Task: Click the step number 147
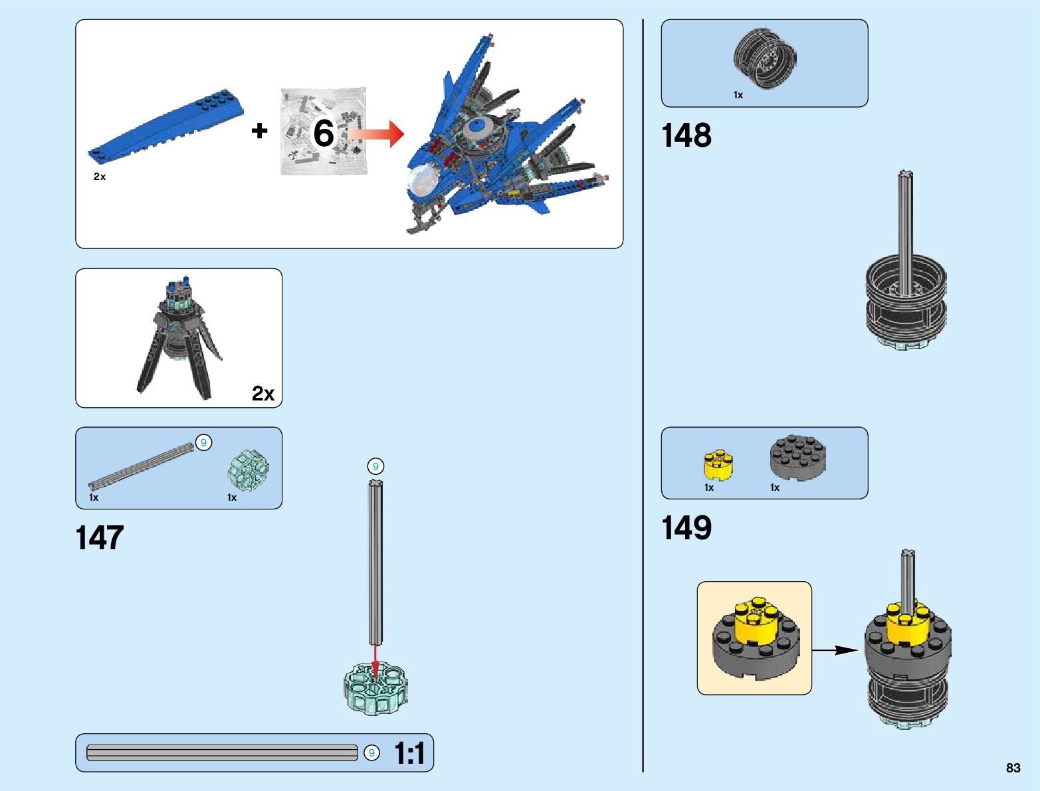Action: coord(100,538)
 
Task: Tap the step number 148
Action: coord(686,135)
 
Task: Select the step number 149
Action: coord(686,529)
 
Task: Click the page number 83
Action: coord(1013,768)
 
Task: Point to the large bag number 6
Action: coord(324,133)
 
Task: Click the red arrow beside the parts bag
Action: coord(376,133)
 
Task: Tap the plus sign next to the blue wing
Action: coord(259,131)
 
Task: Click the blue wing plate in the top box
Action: coord(166,127)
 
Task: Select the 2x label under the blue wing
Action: coord(100,177)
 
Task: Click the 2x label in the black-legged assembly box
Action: coord(263,394)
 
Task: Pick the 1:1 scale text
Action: coord(409,754)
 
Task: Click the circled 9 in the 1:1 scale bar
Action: coord(371,752)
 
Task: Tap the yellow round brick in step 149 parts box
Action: coord(718,464)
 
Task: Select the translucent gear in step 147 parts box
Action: coord(249,469)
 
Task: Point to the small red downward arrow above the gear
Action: coord(375,661)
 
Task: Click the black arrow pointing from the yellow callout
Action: coord(836,650)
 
